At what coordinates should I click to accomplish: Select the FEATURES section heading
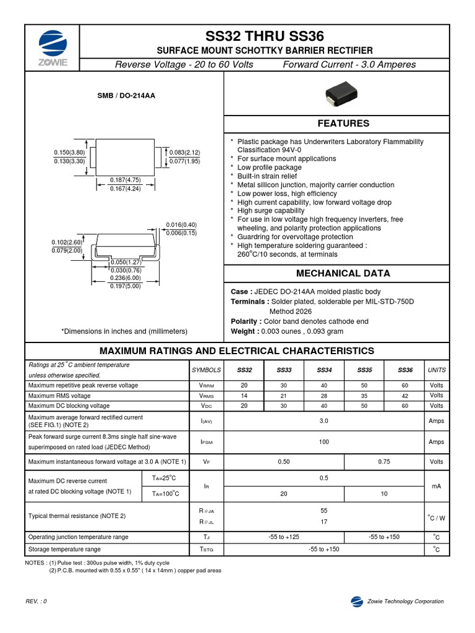click(343, 124)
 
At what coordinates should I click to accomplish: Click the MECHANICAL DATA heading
click(343, 273)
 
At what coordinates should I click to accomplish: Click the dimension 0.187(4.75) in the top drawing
click(126, 180)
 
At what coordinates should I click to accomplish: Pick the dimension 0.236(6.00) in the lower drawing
click(126, 278)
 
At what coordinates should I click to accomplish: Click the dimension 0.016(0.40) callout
click(181, 224)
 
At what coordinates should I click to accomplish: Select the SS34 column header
click(324, 370)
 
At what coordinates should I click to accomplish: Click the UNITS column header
click(437, 370)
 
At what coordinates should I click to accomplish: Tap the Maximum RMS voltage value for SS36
click(404, 396)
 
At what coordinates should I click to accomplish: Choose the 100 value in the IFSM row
click(324, 442)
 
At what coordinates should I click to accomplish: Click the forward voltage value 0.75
click(384, 462)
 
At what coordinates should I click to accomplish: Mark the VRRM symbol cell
click(206, 385)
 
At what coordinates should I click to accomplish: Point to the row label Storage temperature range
click(64, 549)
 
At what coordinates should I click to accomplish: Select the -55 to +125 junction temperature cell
click(284, 537)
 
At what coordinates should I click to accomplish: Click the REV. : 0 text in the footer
click(36, 601)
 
